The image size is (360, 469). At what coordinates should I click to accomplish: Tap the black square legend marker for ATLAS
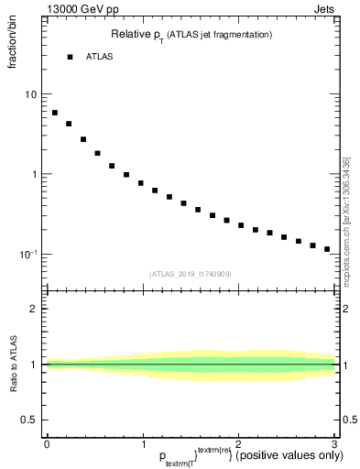[70, 57]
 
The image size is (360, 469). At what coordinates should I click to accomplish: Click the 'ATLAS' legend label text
[99, 57]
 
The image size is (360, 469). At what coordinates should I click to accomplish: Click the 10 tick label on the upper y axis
[31, 95]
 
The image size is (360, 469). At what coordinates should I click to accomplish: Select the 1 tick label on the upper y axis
[34, 174]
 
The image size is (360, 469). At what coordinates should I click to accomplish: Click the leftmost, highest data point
[55, 113]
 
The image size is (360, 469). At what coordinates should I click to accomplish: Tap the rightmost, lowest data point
[327, 249]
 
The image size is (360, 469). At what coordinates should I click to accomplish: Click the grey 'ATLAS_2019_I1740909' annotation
[190, 273]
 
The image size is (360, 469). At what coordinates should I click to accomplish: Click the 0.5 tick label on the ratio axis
[30, 420]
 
